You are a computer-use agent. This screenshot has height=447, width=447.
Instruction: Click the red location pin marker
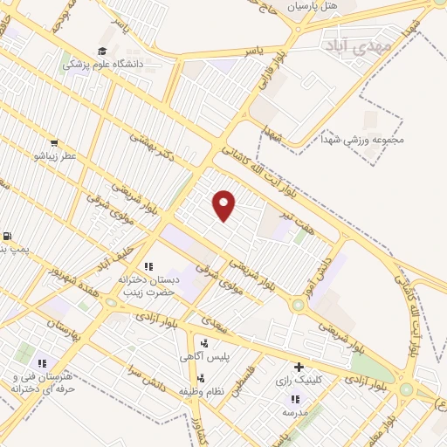click(224, 204)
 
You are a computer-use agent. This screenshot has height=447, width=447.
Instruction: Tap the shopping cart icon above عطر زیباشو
click(54, 142)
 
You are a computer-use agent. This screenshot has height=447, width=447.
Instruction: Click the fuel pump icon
click(7, 236)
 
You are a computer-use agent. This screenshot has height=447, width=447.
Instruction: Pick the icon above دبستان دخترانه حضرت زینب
click(148, 265)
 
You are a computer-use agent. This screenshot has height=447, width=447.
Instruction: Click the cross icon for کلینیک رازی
click(299, 367)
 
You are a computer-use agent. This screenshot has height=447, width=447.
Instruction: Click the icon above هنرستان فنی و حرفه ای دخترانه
click(41, 362)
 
